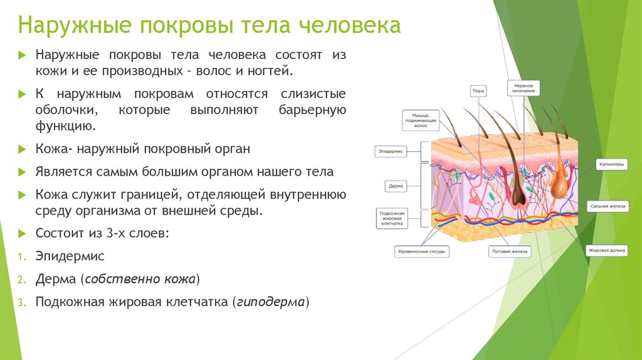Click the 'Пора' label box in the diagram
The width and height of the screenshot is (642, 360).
(x=478, y=90)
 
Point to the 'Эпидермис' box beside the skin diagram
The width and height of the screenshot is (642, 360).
(x=391, y=151)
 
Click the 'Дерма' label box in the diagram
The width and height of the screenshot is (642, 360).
(x=396, y=186)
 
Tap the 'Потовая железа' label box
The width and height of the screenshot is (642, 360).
(x=509, y=251)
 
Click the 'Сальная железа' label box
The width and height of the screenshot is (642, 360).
(x=608, y=206)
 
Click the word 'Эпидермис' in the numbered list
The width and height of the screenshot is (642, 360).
(x=70, y=257)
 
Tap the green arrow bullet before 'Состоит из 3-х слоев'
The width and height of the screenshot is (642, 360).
(x=22, y=233)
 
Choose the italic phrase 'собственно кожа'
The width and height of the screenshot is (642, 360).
(x=140, y=279)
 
